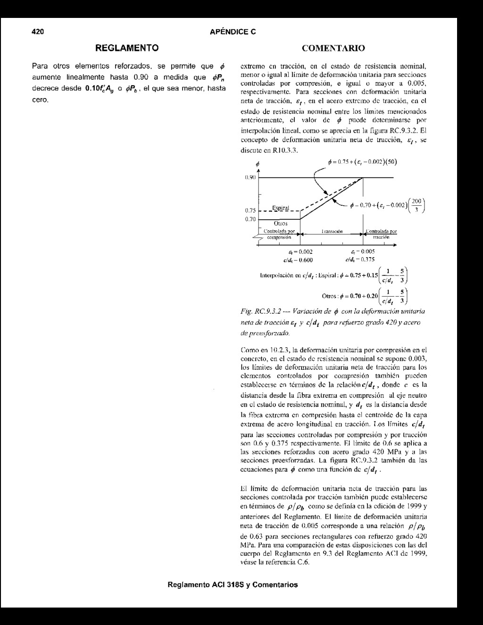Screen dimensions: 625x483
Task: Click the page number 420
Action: pyautogui.click(x=37, y=32)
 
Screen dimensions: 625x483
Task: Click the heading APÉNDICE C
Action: pyautogui.click(x=233, y=32)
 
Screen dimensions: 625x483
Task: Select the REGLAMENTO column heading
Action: pyautogui.click(x=127, y=48)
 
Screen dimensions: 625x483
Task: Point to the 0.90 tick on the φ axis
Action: pyautogui.click(x=250, y=177)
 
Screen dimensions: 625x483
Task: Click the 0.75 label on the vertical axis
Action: pyautogui.click(x=250, y=211)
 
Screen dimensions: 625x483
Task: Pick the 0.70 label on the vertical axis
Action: pyautogui.click(x=250, y=219)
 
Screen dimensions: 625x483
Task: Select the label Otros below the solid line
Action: pyautogui.click(x=281, y=223)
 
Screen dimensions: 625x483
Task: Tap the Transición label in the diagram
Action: pyautogui.click(x=332, y=232)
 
